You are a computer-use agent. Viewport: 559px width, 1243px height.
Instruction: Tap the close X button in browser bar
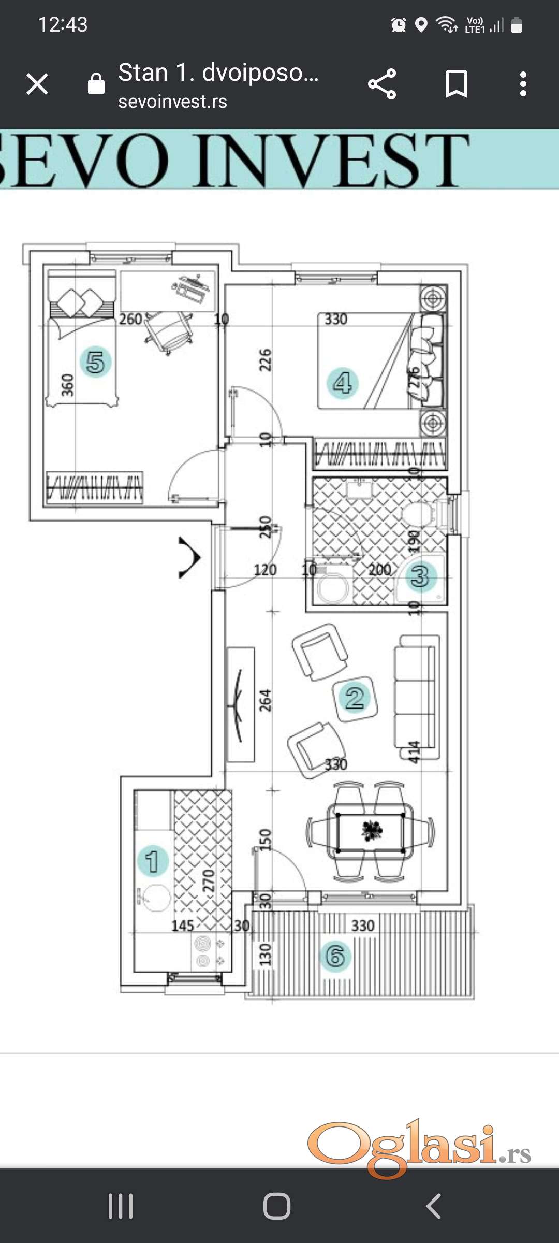pyautogui.click(x=37, y=84)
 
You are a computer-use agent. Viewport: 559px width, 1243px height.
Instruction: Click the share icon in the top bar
pyautogui.click(x=382, y=84)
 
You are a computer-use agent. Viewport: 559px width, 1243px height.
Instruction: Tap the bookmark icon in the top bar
pyautogui.click(x=456, y=84)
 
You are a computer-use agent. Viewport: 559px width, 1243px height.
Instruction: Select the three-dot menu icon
pyautogui.click(x=523, y=84)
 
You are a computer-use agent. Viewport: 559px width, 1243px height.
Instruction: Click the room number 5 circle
pyautogui.click(x=96, y=362)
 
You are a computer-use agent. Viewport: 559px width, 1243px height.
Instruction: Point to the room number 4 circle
pyautogui.click(x=342, y=383)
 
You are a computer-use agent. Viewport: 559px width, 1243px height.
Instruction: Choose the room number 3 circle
pyautogui.click(x=420, y=576)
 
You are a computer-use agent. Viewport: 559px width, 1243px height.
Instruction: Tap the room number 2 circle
pyautogui.click(x=355, y=698)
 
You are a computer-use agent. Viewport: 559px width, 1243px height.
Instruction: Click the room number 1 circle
pyautogui.click(x=152, y=861)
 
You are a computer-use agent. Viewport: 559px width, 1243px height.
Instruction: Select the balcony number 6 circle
pyautogui.click(x=335, y=956)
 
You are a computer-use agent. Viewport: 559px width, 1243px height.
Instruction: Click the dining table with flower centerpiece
pyautogui.click(x=371, y=832)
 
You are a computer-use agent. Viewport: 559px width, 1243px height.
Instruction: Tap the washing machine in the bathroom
pyautogui.click(x=332, y=588)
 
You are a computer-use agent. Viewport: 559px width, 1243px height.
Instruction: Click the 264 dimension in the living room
pyautogui.click(x=265, y=700)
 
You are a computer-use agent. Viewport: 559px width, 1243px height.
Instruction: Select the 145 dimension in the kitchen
pyautogui.click(x=183, y=926)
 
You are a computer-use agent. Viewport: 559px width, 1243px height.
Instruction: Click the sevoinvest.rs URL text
pyautogui.click(x=172, y=102)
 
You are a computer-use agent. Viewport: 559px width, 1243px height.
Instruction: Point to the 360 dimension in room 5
pyautogui.click(x=68, y=385)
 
